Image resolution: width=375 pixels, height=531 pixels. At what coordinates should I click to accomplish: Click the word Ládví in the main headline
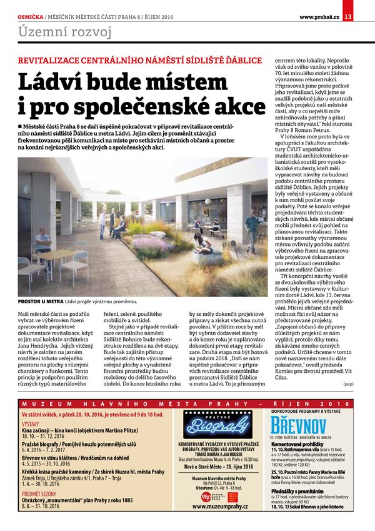pyautogui.click(x=56, y=83)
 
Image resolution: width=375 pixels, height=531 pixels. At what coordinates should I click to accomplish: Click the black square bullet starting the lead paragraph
pyautogui.click(x=21, y=125)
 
